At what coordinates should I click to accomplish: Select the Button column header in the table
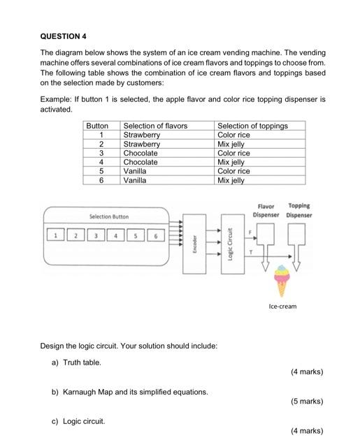click(x=97, y=126)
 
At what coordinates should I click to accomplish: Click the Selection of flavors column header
click(x=155, y=126)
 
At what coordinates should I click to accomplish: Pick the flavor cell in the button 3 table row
click(x=141, y=153)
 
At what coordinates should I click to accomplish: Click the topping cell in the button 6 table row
click(x=231, y=180)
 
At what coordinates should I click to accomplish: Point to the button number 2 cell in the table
click(x=101, y=144)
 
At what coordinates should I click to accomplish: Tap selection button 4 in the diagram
click(x=115, y=235)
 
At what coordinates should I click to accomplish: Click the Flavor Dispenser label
click(x=266, y=210)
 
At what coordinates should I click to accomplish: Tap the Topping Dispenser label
click(x=299, y=210)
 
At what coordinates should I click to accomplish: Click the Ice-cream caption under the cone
click(x=282, y=306)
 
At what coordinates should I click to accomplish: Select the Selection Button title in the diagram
click(x=108, y=217)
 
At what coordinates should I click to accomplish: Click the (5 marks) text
click(x=307, y=402)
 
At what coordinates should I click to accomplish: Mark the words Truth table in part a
click(x=82, y=362)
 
